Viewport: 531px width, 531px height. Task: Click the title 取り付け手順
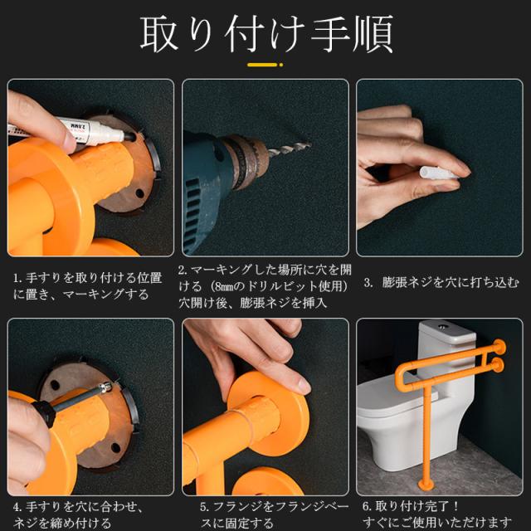tap(266, 34)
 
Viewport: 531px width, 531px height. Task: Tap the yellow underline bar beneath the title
tap(262, 65)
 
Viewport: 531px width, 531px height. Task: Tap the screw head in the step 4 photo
tap(107, 387)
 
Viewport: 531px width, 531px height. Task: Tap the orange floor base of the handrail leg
tap(426, 485)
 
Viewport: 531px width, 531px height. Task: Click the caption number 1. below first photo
tap(17, 279)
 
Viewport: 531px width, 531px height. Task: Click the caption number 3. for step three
tap(368, 282)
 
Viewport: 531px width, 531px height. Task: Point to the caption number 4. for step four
tap(17, 507)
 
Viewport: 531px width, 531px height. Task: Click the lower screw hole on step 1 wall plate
tap(139, 193)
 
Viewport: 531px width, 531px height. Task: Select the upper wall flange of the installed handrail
tap(499, 348)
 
